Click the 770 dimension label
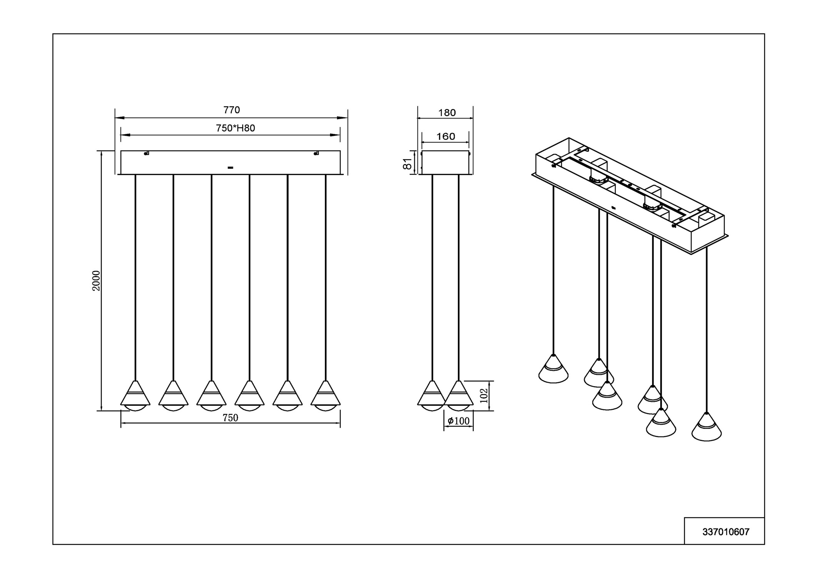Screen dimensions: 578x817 tap(231, 110)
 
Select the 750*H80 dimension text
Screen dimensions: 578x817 tap(235, 128)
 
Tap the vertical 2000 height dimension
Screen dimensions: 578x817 tap(96, 281)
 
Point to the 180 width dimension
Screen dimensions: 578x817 tap(447, 113)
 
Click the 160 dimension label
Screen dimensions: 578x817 tap(445, 136)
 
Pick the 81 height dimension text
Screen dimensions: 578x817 tap(407, 164)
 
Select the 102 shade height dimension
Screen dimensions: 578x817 tap(484, 395)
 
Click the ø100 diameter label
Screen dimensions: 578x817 tap(459, 421)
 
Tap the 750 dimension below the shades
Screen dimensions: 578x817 tap(230, 418)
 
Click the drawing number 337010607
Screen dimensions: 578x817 tap(726, 532)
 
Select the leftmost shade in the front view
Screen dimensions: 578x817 tap(135, 396)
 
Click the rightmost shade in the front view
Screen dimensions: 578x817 tap(326, 396)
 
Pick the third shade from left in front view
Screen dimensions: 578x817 tap(211, 396)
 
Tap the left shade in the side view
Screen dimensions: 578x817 tap(432, 396)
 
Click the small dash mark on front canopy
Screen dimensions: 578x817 tap(230, 168)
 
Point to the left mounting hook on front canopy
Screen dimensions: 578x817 tap(146, 153)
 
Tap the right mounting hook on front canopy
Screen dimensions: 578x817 tap(316, 153)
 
